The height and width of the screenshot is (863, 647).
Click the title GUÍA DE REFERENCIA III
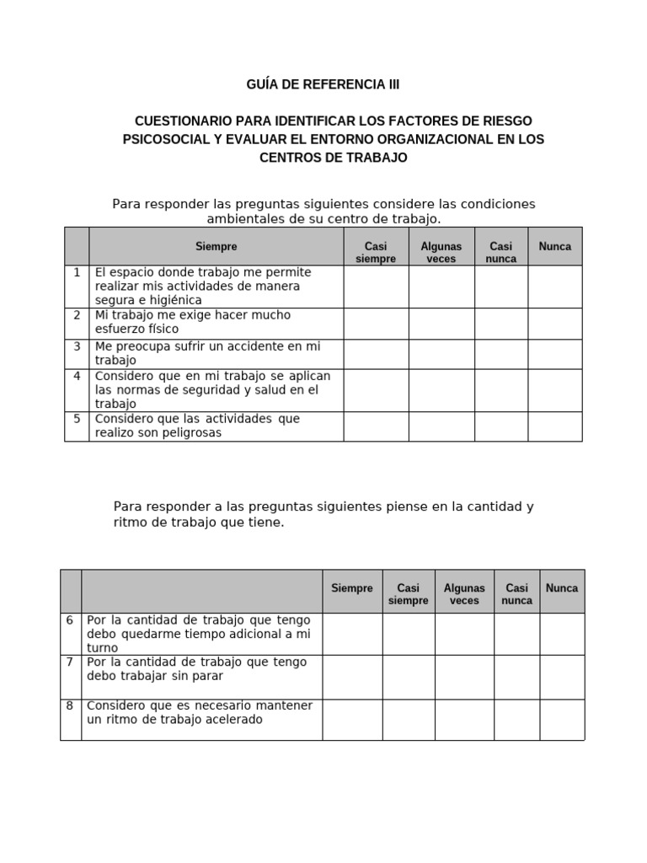click(x=323, y=85)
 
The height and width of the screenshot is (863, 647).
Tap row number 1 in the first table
click(x=77, y=272)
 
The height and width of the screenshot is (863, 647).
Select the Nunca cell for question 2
click(x=554, y=324)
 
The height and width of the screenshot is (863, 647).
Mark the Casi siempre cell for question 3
click(x=376, y=354)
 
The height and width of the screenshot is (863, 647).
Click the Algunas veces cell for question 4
click(x=441, y=390)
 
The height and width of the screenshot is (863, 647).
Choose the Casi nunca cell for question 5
click(x=501, y=426)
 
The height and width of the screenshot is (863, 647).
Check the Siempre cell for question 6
click(x=352, y=634)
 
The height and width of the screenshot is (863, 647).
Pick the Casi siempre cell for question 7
click(x=409, y=677)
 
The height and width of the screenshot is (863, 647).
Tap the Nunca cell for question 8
click(x=562, y=720)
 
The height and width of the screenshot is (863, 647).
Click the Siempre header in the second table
click(x=352, y=588)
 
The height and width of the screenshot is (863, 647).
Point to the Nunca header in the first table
click(x=554, y=246)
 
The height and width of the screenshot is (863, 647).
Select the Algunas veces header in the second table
click(x=464, y=594)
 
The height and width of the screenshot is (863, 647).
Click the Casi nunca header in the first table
click(x=501, y=252)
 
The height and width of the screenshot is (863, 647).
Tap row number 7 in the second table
click(x=70, y=662)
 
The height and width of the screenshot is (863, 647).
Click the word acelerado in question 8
click(x=229, y=720)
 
